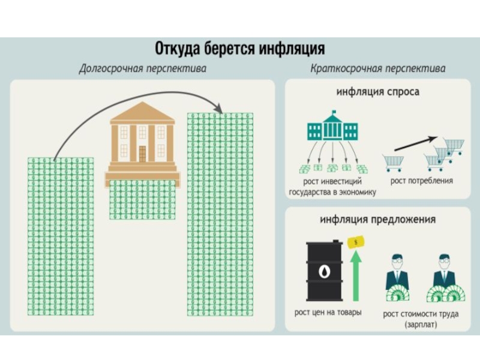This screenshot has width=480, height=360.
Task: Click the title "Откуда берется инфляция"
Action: (239, 49)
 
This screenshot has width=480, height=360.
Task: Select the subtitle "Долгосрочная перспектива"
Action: (143, 68)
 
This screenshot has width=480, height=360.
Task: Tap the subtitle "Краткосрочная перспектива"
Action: (378, 68)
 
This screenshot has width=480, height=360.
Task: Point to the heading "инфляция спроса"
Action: (378, 92)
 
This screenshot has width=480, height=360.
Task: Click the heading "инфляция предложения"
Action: (378, 220)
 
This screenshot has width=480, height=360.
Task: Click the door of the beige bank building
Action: (142, 154)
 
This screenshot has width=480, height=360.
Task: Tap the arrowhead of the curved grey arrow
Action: (218, 109)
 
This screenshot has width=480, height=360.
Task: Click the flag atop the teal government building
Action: (334, 112)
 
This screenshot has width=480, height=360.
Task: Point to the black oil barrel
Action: (324, 271)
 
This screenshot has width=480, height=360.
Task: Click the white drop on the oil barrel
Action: (324, 271)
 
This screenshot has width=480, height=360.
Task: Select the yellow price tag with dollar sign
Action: (356, 242)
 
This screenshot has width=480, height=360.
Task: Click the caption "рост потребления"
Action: (421, 181)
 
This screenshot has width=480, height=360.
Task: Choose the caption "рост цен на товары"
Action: (328, 312)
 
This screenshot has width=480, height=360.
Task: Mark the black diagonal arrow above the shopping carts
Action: (415, 143)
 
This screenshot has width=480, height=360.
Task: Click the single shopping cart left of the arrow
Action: (393, 162)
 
